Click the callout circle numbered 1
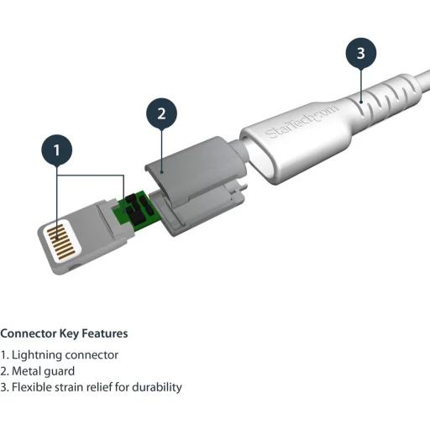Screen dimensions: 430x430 coord(57,151)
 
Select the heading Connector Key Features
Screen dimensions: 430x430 coord(64,333)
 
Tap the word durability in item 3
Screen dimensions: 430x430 coord(156,387)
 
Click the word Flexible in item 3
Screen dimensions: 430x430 coord(31,387)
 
